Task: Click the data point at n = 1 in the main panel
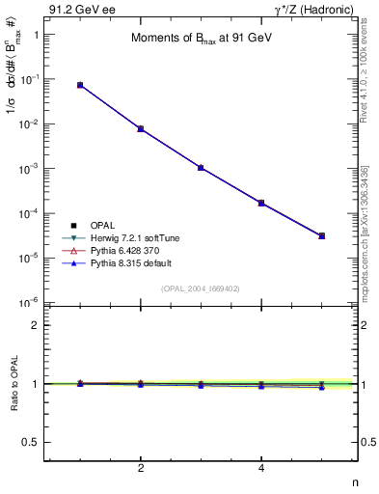[x=80, y=85]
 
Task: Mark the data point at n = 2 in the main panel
[x=141, y=128]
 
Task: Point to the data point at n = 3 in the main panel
[x=201, y=167]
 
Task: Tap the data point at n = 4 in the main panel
[x=261, y=203]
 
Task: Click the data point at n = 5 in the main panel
[x=322, y=235]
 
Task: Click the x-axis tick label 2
[x=141, y=469]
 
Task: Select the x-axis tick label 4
[x=261, y=469]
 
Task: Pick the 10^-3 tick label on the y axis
[x=28, y=168]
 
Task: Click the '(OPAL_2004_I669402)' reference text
[x=201, y=288]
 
